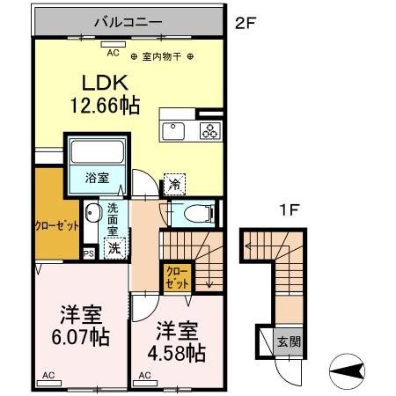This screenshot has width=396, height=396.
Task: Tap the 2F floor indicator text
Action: (x=246, y=24)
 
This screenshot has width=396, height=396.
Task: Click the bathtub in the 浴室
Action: (x=98, y=152)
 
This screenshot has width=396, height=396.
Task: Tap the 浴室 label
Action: (x=97, y=178)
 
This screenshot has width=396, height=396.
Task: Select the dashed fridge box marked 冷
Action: (x=174, y=184)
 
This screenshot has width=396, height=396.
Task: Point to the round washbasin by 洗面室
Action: (x=92, y=214)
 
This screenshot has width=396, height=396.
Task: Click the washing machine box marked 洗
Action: (x=114, y=249)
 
